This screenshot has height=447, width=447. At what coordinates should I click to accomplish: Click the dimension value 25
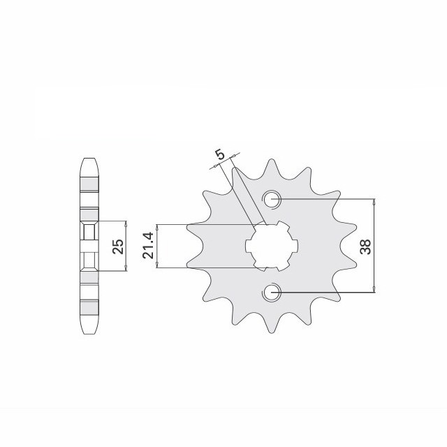[118, 246]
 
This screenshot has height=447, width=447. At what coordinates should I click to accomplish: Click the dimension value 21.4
[149, 245]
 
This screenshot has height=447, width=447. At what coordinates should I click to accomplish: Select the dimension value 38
[366, 247]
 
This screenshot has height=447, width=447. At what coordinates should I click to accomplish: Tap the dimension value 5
[221, 154]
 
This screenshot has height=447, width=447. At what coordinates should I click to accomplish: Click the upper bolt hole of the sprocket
[272, 199]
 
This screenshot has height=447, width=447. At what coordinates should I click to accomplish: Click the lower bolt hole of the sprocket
[272, 292]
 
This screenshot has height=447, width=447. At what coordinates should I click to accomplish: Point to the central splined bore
[272, 246]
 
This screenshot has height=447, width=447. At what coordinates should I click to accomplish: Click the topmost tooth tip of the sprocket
[272, 160]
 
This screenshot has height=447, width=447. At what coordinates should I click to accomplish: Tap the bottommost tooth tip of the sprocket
[272, 332]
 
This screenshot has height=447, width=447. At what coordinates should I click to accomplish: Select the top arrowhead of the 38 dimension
[374, 202]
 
